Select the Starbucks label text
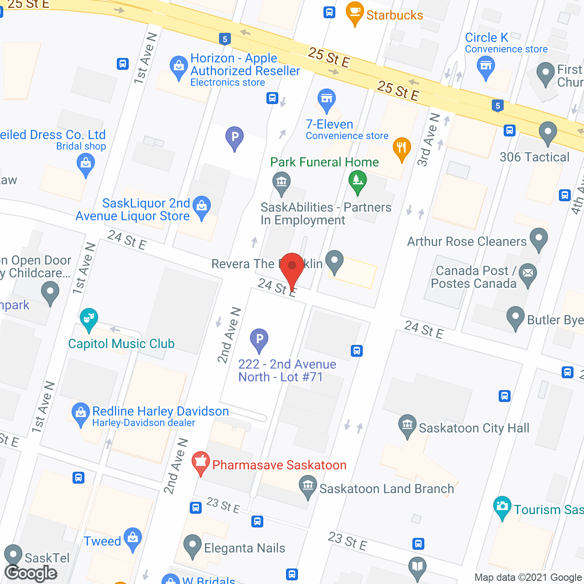click(x=395, y=15)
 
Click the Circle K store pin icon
click(x=485, y=67)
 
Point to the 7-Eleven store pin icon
click(x=326, y=99)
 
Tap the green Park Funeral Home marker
click(x=358, y=181)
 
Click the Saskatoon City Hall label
click(x=474, y=428)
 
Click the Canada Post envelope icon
click(x=528, y=274)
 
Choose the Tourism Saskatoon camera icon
click(x=502, y=506)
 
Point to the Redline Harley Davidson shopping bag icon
click(x=81, y=413)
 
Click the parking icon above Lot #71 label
click(x=259, y=339)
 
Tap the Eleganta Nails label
click(x=245, y=548)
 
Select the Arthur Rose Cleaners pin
click(x=539, y=239)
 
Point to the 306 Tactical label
click(x=534, y=157)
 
